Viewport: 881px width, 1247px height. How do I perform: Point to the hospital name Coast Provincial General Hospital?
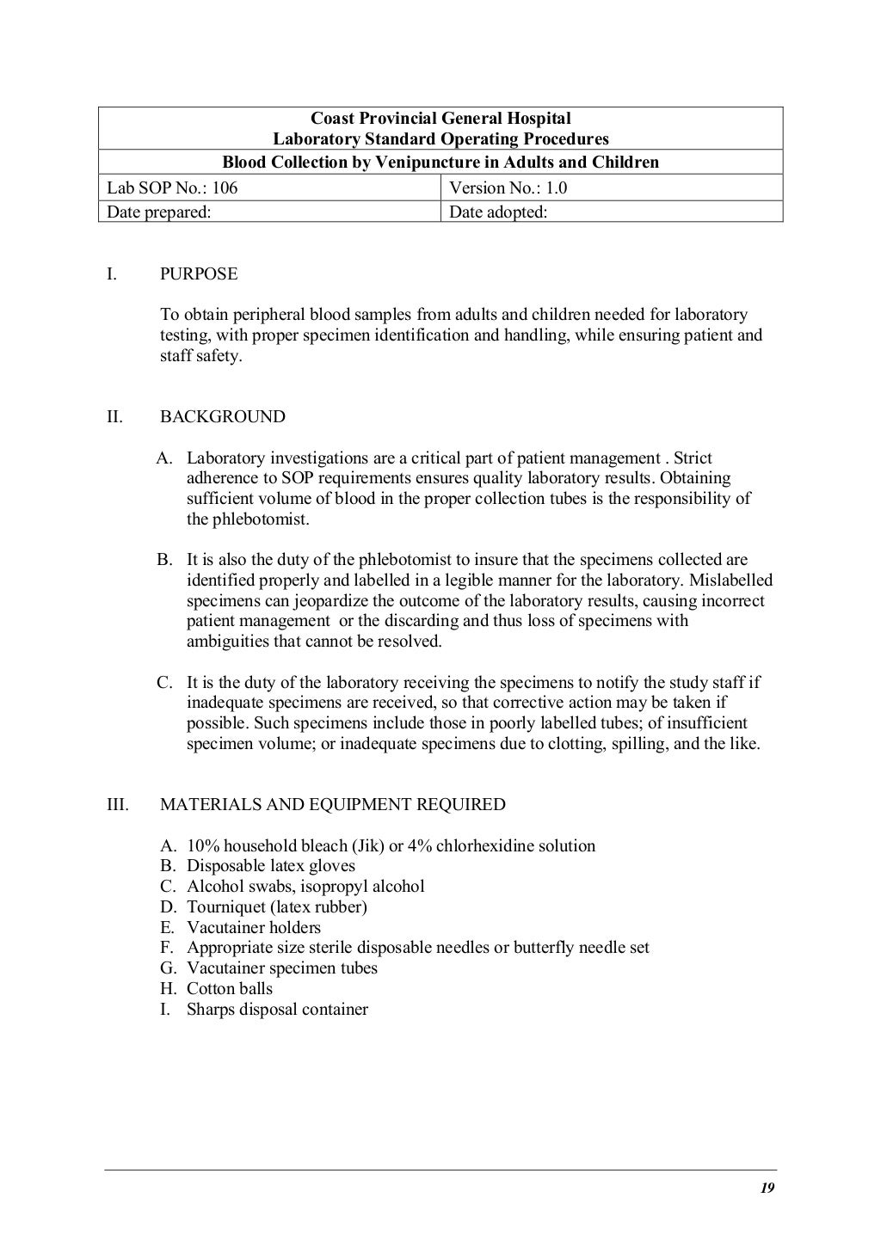pyautogui.click(x=440, y=119)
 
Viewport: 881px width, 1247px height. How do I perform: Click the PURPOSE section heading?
pyautogui.click(x=199, y=274)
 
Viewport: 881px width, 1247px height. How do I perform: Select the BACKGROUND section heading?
pyautogui.click(x=222, y=417)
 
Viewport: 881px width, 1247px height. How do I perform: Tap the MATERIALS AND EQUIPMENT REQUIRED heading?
pyautogui.click(x=332, y=805)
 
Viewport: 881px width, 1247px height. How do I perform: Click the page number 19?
pyautogui.click(x=767, y=1189)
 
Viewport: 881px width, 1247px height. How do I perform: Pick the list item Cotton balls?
pyautogui.click(x=229, y=989)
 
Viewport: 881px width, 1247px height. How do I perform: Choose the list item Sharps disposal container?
pyautogui.click(x=277, y=1010)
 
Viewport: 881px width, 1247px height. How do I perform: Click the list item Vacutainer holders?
pyautogui.click(x=254, y=928)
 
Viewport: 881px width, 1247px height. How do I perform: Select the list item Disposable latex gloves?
pyautogui.click(x=271, y=866)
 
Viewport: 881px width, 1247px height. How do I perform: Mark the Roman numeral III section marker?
pyautogui.click(x=118, y=805)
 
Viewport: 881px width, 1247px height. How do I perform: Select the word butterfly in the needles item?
pyautogui.click(x=544, y=948)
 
